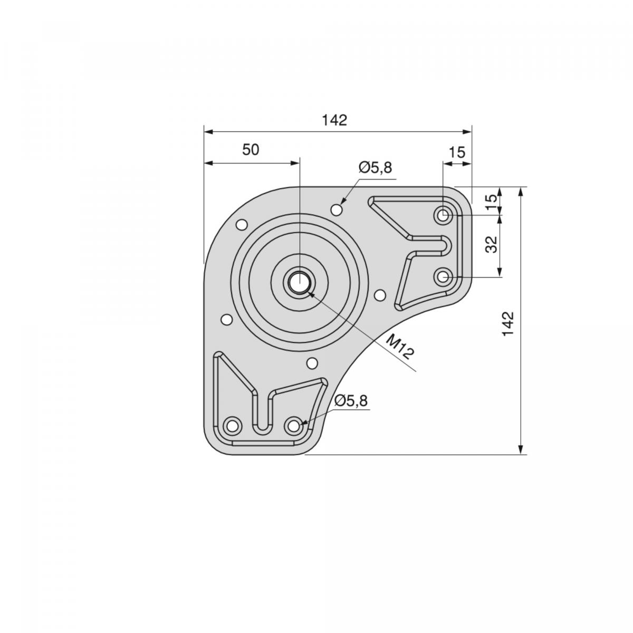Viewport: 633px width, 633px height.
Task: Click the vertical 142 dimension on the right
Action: tap(508, 324)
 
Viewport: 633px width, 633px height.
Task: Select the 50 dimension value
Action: tap(251, 150)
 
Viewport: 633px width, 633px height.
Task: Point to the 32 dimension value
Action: tap(491, 245)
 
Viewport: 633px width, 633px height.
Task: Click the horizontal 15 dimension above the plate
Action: tap(457, 152)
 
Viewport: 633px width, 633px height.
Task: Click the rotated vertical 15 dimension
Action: tap(491, 202)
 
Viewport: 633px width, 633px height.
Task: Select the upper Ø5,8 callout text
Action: tap(375, 168)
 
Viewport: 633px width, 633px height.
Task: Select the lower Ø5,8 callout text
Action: tap(350, 401)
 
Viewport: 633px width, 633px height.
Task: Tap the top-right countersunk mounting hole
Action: tap(443, 215)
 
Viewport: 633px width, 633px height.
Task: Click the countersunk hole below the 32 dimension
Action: tap(443, 276)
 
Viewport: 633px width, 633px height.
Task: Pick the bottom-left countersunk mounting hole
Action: tap(232, 425)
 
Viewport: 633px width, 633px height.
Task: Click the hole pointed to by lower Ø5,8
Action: tap(294, 424)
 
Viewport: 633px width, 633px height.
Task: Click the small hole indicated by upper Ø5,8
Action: tap(337, 209)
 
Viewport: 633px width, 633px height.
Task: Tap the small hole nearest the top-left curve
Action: tap(242, 225)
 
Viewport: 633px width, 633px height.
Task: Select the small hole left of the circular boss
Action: tap(226, 319)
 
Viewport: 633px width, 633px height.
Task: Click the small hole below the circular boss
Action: tap(312, 363)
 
